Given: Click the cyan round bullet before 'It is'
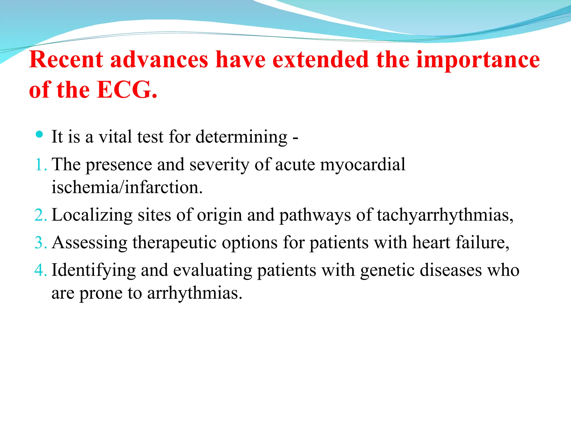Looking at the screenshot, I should click(x=39, y=135).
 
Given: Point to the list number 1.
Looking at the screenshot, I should click(x=40, y=164).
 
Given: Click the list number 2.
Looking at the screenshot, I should click(x=40, y=215).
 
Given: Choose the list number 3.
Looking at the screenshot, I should click(x=40, y=242).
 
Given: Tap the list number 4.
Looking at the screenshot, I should click(x=40, y=270).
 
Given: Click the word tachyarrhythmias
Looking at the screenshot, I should click(x=445, y=215).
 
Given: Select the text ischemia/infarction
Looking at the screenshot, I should click(x=127, y=187).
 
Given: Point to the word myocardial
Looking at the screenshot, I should click(x=362, y=164).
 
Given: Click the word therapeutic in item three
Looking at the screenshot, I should click(x=174, y=242).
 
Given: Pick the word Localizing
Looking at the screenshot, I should click(x=92, y=215).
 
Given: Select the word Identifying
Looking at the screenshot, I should click(x=94, y=270).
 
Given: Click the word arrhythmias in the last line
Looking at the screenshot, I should click(x=194, y=293).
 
